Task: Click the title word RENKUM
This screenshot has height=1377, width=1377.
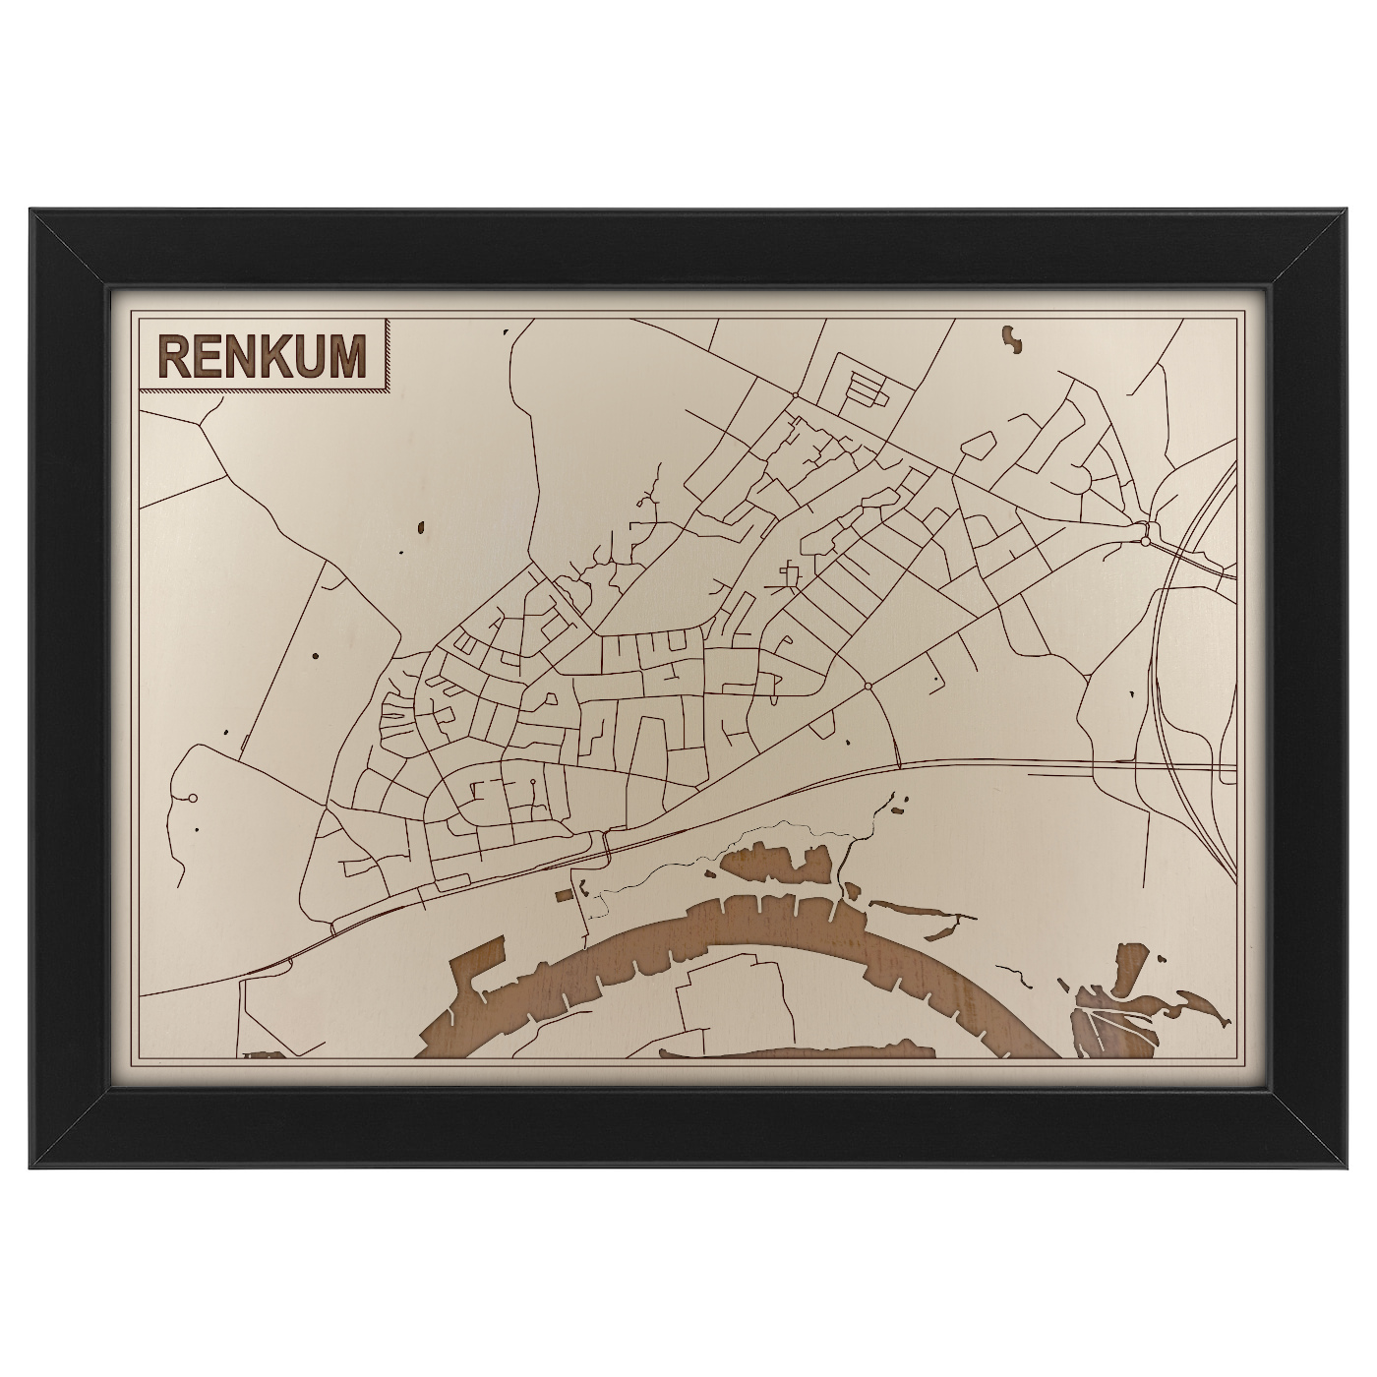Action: pyautogui.click(x=261, y=356)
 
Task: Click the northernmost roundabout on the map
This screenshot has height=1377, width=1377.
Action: pyautogui.click(x=795, y=395)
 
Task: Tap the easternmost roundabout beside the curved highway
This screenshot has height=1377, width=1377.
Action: pyautogui.click(x=1145, y=540)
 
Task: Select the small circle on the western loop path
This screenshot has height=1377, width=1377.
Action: pyautogui.click(x=193, y=798)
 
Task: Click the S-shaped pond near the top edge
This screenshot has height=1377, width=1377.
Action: pyautogui.click(x=1011, y=339)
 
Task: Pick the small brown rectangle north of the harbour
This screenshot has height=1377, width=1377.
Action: pyautogui.click(x=563, y=895)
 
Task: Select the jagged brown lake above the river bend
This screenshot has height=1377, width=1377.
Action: pyautogui.click(x=777, y=866)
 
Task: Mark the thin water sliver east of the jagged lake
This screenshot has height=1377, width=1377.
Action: pyautogui.click(x=915, y=910)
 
